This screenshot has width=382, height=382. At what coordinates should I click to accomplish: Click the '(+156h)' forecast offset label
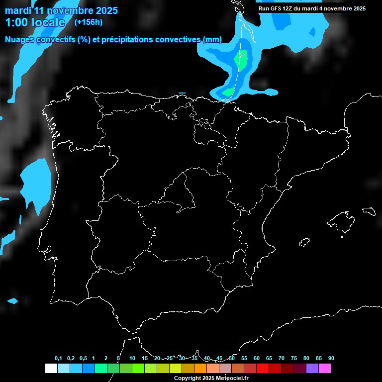(88, 22)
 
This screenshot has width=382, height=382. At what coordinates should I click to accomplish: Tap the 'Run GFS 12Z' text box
(312, 8)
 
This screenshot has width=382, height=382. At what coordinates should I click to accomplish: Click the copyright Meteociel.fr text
(211, 379)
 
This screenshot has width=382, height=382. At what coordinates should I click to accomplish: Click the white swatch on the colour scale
(51, 369)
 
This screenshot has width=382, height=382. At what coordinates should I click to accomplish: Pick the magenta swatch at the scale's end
(325, 369)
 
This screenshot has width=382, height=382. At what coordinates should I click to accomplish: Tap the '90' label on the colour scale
(331, 359)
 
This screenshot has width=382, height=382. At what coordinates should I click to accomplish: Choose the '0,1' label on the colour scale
(58, 359)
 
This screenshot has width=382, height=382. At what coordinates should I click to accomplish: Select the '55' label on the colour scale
(244, 359)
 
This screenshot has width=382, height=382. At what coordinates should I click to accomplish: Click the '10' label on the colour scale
(132, 359)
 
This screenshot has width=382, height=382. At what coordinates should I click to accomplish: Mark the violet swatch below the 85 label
(312, 369)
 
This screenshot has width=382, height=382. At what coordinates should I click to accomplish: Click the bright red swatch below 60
(263, 369)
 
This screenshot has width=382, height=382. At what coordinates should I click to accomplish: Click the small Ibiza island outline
(304, 242)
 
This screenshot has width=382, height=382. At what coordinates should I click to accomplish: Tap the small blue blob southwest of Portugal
(12, 301)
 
